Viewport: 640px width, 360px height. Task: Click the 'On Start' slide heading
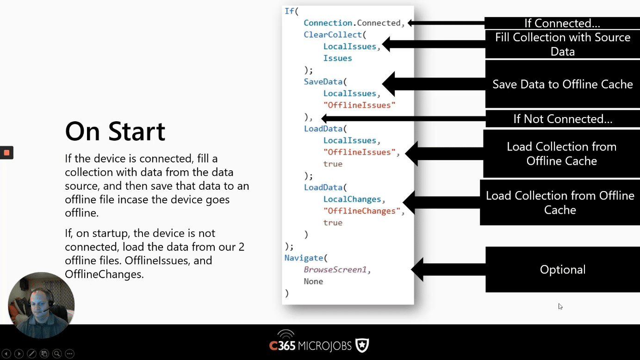pyautogui.click(x=115, y=131)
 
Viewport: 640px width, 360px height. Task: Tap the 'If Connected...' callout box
pyautogui.click(x=562, y=23)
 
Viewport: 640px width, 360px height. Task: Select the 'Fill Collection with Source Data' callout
pyautogui.click(x=563, y=44)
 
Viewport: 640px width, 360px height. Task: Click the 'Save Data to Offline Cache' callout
pyautogui.click(x=563, y=84)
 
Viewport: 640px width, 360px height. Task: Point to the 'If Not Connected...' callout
pyautogui.click(x=563, y=119)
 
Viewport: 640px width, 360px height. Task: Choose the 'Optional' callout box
pyautogui.click(x=563, y=269)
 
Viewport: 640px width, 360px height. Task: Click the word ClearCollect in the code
pyautogui.click(x=333, y=35)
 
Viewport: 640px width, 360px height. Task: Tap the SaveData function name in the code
pyautogui.click(x=323, y=82)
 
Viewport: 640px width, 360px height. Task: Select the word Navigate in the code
pyautogui.click(x=304, y=258)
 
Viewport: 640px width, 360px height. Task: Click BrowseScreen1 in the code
pyautogui.click(x=335, y=270)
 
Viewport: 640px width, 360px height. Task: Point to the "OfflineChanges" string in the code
pyautogui.click(x=362, y=211)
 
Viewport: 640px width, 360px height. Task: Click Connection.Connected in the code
pyautogui.click(x=352, y=23)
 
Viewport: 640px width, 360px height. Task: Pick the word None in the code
pyautogui.click(x=313, y=281)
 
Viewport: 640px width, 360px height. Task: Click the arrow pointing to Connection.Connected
pyautogui.click(x=446, y=23)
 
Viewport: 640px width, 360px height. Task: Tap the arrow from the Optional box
pyautogui.click(x=448, y=269)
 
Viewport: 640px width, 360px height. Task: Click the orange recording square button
pyautogui.click(x=6, y=153)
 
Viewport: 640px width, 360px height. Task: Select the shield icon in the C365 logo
pyautogui.click(x=362, y=345)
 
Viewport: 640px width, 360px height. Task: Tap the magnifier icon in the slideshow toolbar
pyautogui.click(x=57, y=354)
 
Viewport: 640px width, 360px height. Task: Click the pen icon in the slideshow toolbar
pyautogui.click(x=31, y=354)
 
